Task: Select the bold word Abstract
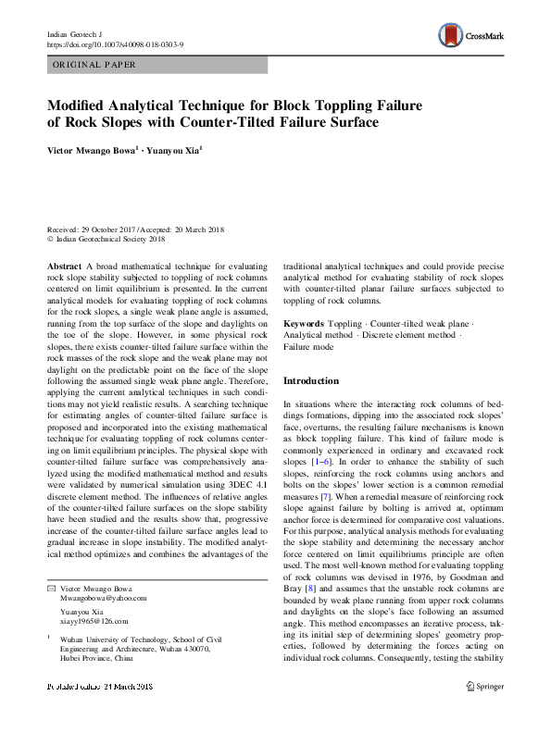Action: (x=63, y=266)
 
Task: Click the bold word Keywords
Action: (x=305, y=324)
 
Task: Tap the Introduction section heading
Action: (x=310, y=381)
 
